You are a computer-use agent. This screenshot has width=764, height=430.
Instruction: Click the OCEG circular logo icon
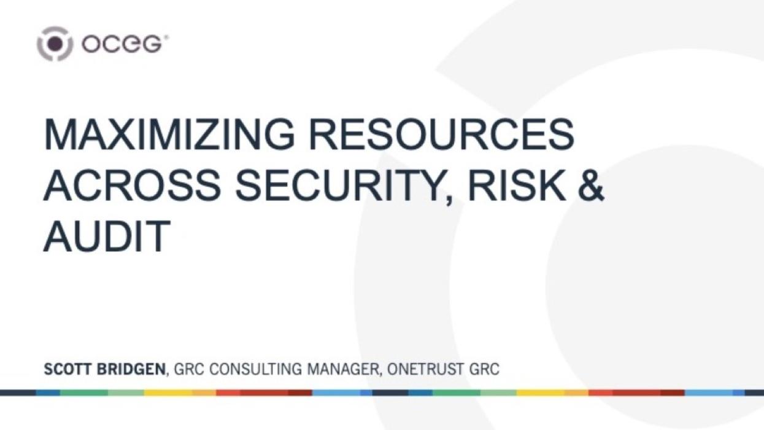click(55, 44)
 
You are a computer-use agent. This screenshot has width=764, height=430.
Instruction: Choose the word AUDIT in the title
click(106, 236)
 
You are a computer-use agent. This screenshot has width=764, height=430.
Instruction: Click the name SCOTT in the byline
click(68, 370)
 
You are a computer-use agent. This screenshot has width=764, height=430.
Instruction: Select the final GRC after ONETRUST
click(484, 370)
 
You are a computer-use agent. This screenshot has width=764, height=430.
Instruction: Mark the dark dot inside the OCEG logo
click(55, 44)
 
